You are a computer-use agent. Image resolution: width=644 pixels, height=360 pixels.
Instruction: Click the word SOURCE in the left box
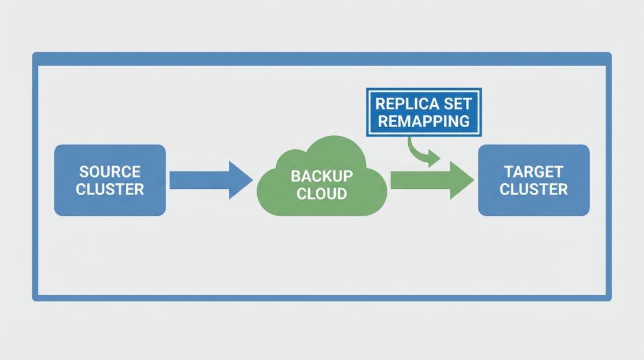[x=110, y=172]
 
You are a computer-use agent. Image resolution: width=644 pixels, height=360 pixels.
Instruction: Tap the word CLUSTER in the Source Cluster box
[x=110, y=189]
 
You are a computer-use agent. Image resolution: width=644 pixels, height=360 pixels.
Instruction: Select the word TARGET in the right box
[x=534, y=172]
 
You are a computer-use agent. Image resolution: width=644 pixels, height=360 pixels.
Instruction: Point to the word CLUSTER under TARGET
[x=534, y=189]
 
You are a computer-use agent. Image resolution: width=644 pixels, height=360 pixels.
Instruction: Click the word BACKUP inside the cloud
[x=321, y=176]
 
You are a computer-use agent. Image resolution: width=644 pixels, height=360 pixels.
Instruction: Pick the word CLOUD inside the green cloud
[x=321, y=193]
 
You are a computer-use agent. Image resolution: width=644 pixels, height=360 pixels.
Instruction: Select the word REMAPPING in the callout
[x=423, y=120]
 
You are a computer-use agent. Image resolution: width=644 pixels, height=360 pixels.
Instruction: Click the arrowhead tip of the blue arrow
[x=251, y=181]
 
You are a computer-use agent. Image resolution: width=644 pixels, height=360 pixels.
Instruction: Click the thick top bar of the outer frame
[x=321, y=59]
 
